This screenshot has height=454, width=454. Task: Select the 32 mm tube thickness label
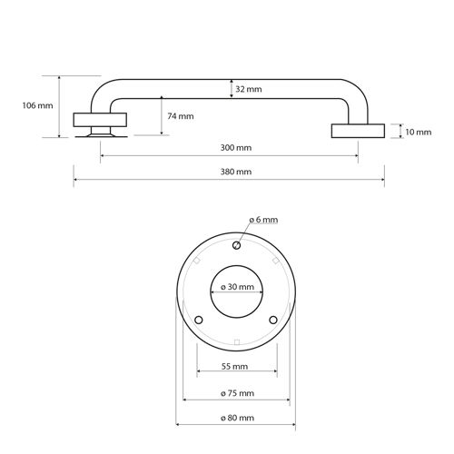click(249, 89)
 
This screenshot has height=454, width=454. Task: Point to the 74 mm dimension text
click(181, 116)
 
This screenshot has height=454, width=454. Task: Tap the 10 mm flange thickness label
click(419, 133)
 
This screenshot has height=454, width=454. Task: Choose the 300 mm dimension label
click(235, 146)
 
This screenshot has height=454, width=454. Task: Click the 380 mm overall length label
click(235, 172)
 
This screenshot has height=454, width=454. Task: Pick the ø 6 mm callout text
click(263, 221)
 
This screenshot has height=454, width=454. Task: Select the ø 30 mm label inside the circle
click(236, 287)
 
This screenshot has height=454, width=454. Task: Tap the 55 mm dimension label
click(235, 367)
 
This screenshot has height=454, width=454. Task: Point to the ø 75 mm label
click(236, 393)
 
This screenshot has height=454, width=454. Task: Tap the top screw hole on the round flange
click(236, 245)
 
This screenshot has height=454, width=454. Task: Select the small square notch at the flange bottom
click(236, 342)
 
